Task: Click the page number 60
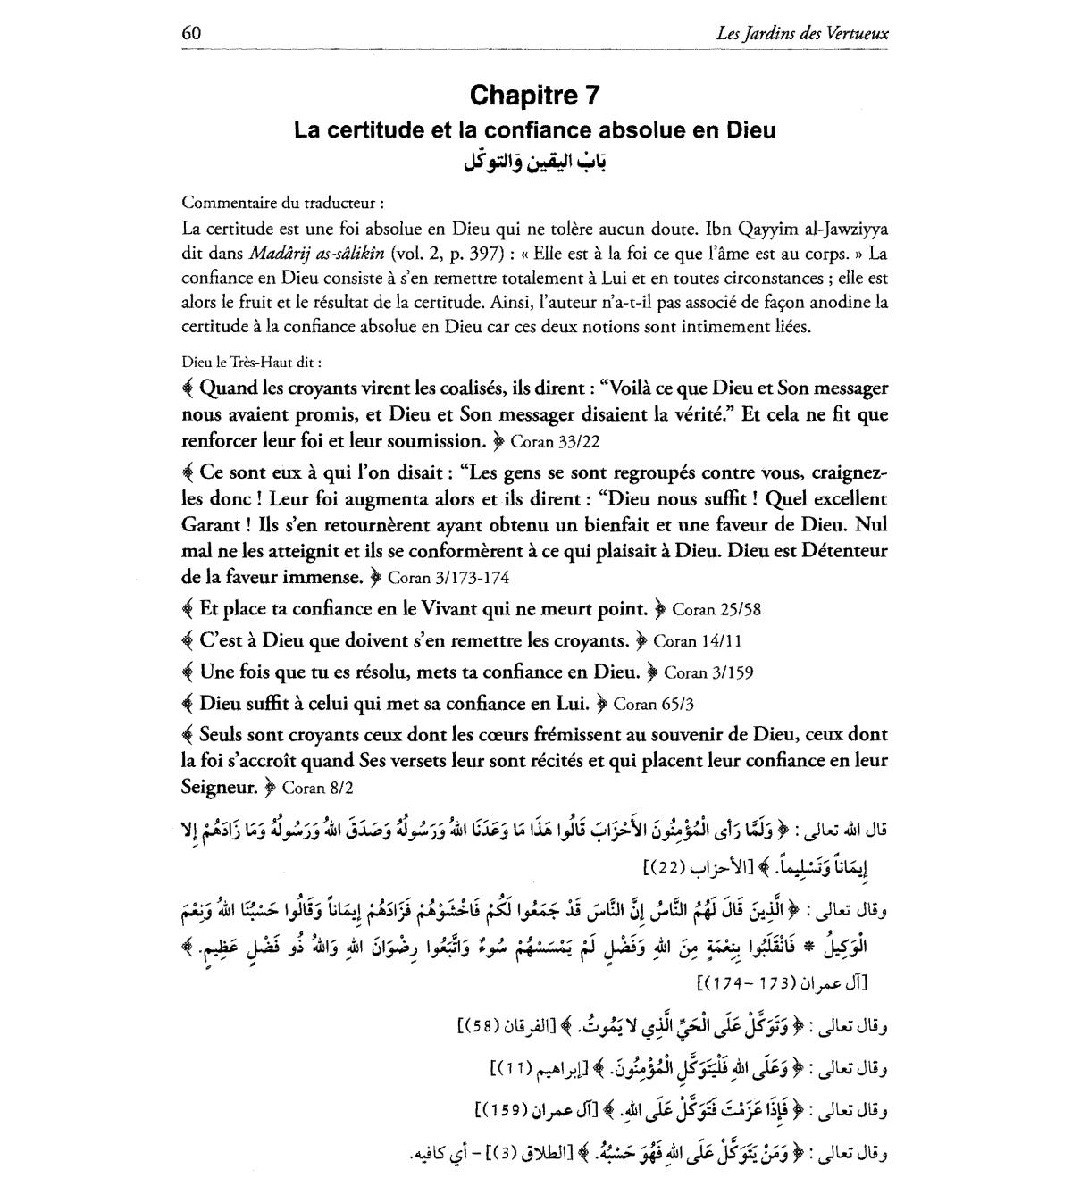point(191,33)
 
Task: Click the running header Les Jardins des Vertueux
point(802,34)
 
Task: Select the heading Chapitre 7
point(535,95)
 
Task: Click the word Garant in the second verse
point(209,524)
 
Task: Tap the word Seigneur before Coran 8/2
point(218,788)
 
